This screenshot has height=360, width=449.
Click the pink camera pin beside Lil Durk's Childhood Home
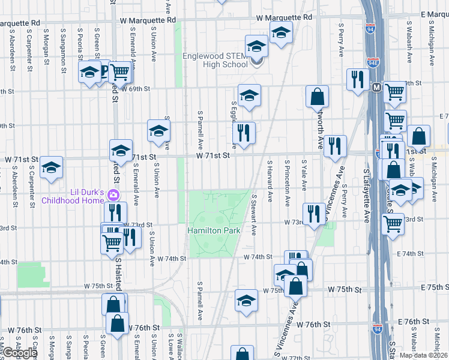[112, 195]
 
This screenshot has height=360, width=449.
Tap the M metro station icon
[377, 88]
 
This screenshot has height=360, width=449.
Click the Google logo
[19, 353]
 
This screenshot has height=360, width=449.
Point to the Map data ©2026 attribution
[423, 355]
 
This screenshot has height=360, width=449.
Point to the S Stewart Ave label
[254, 214]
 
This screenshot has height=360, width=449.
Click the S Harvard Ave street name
[270, 181]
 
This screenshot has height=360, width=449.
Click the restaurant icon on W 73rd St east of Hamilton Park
[314, 214]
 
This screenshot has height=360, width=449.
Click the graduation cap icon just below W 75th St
[246, 301]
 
